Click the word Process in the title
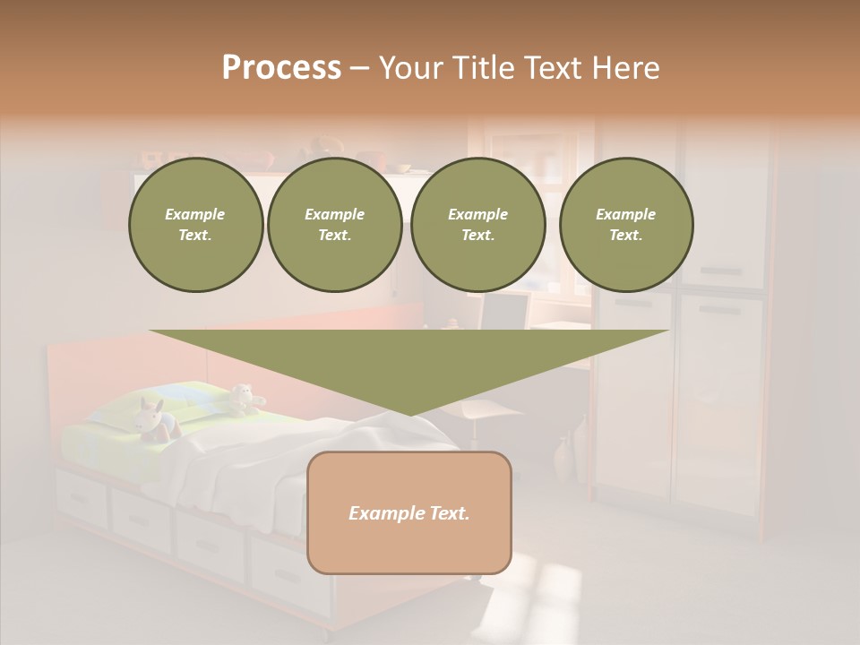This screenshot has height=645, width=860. tap(281, 68)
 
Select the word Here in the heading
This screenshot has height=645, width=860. tap(624, 68)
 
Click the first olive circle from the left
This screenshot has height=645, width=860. tap(196, 225)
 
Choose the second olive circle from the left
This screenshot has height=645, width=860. tap(335, 225)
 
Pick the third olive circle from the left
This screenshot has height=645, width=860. tap(478, 225)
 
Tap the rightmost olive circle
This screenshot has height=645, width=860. tap(626, 225)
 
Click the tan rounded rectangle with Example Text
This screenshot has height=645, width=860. tap(409, 512)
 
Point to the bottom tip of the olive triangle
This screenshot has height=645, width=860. tap(409, 413)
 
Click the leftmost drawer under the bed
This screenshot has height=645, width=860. tap(82, 498)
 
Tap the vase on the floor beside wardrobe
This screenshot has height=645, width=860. tap(562, 460)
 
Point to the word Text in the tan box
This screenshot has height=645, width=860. tap(443, 513)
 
